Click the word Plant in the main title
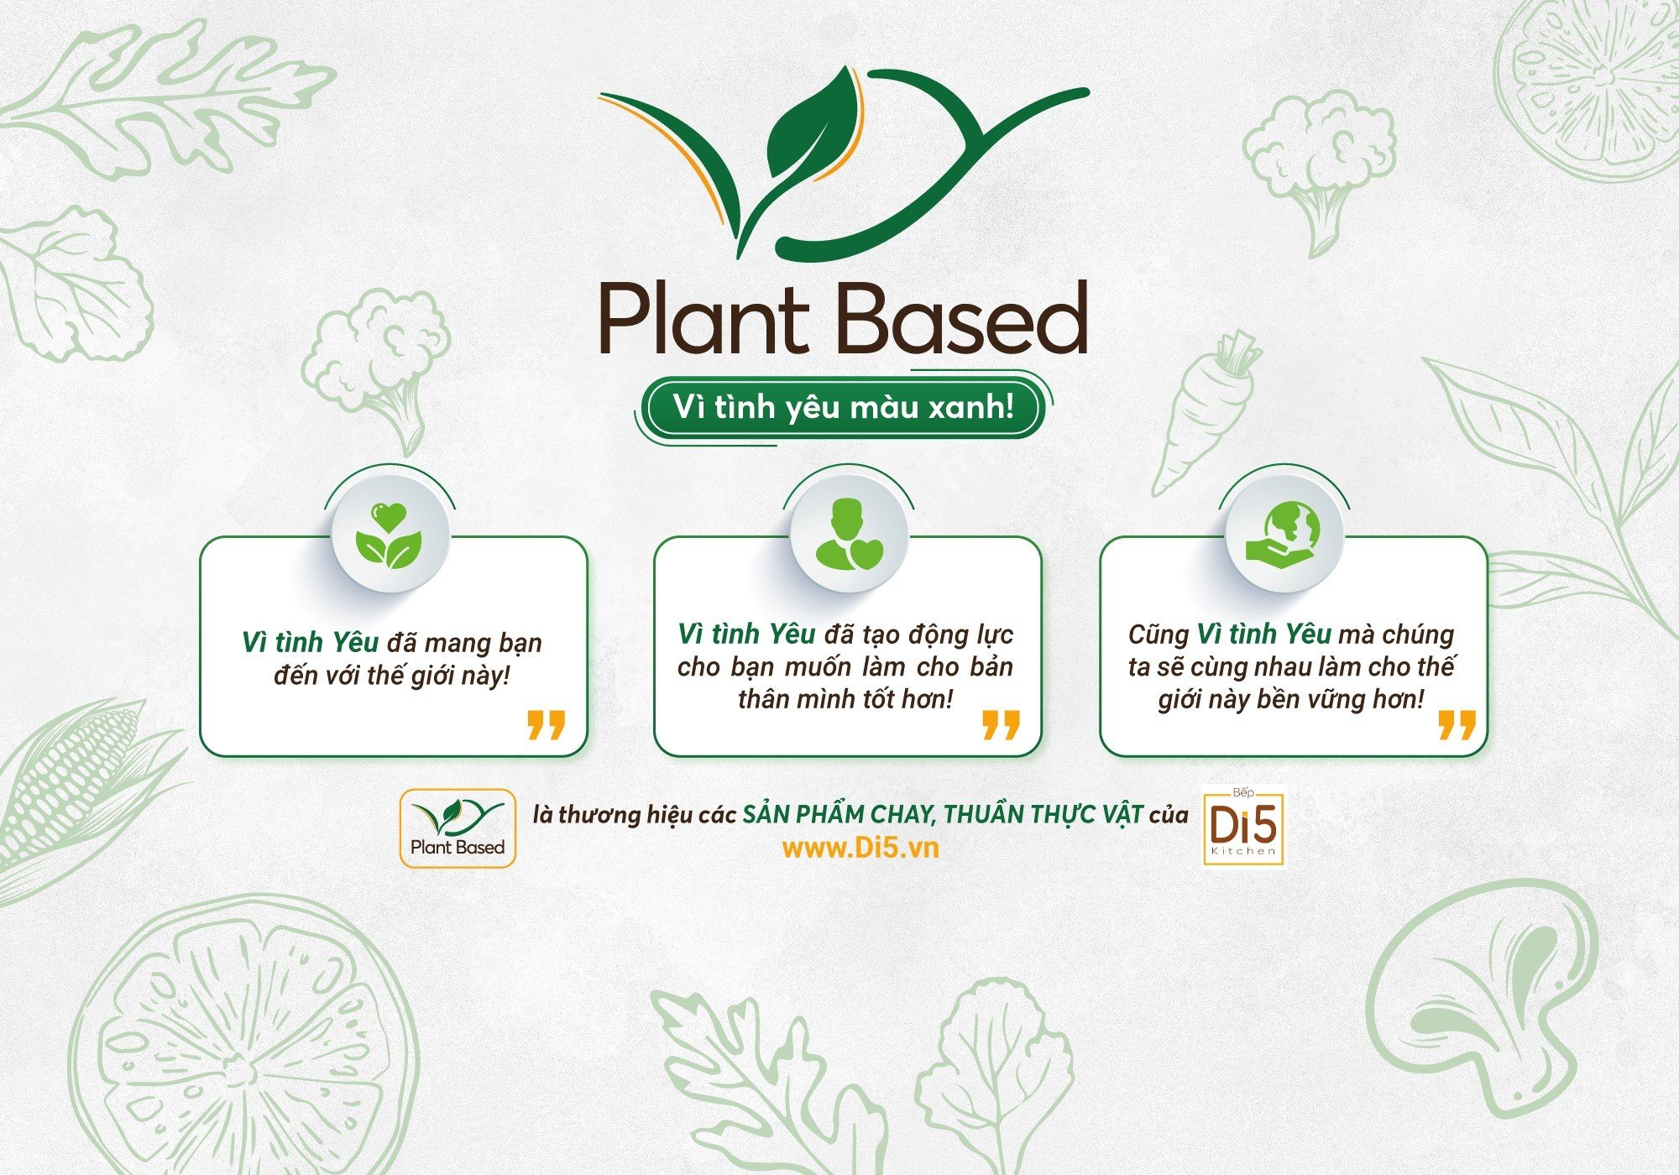pyautogui.click(x=703, y=320)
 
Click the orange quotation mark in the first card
pyautogui.click(x=546, y=725)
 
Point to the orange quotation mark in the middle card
pyautogui.click(x=1001, y=725)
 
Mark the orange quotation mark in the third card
pyautogui.click(x=1457, y=725)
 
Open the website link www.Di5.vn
pyautogui.click(x=860, y=848)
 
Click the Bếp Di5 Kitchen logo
pyautogui.click(x=1243, y=826)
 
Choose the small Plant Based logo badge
pyautogui.click(x=458, y=828)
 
